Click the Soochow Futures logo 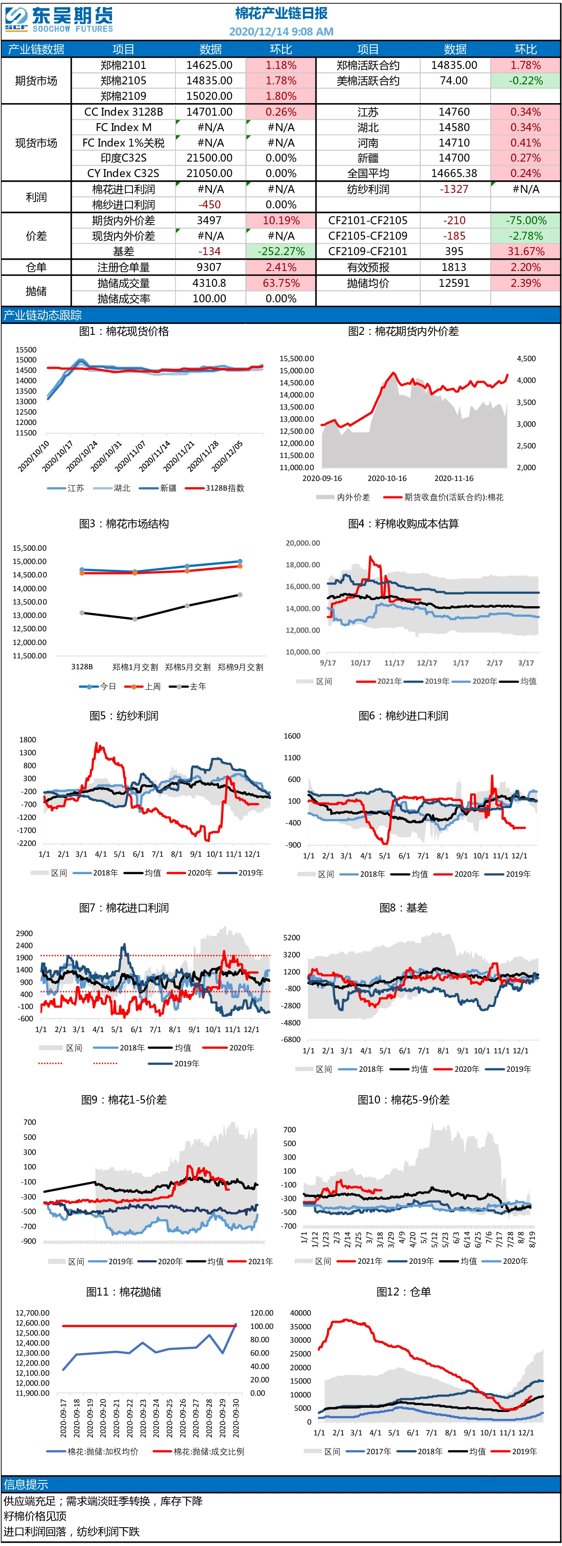(59, 20)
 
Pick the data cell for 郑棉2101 (210, 65)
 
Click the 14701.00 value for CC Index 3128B (210, 111)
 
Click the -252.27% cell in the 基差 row (281, 251)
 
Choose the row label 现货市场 (36, 143)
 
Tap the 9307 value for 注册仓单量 (210, 267)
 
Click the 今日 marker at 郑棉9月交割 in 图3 (240, 561)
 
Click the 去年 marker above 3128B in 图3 (82, 613)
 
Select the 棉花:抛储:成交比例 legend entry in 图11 (199, 1451)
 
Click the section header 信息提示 (26, 1484)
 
